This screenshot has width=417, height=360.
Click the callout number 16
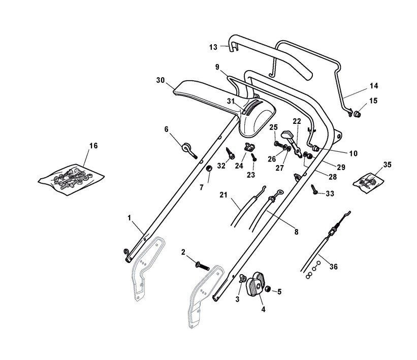(x=93, y=146)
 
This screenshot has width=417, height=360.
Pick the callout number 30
(x=161, y=80)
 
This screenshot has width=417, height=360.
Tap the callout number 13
(x=213, y=47)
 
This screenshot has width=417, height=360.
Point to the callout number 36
(x=333, y=267)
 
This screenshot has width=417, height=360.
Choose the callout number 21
(x=223, y=194)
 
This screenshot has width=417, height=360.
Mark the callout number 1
(x=130, y=218)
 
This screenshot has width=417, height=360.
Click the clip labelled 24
(x=249, y=147)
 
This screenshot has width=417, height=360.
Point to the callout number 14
(x=373, y=86)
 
